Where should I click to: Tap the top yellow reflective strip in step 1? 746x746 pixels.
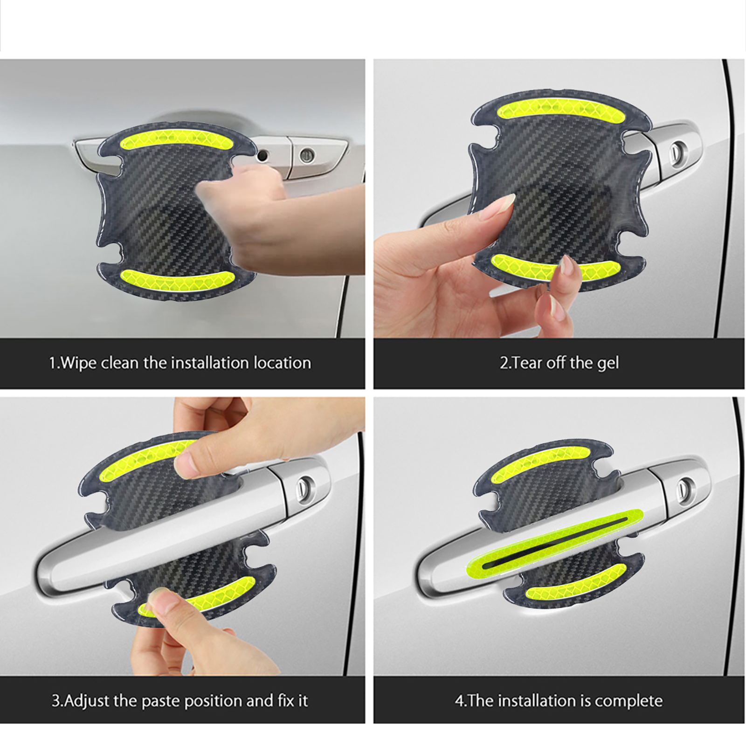point(170,140)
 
